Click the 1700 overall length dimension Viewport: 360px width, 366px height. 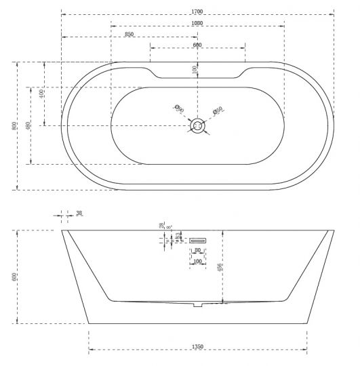coord(197,12)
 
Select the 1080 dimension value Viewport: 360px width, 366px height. coord(197,24)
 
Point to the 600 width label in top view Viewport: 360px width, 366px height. coord(197,45)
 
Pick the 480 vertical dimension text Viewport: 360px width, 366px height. coord(28,125)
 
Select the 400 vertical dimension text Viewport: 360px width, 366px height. coord(42,93)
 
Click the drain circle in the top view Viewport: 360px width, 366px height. coord(198,125)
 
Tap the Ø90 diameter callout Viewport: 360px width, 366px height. coord(179,108)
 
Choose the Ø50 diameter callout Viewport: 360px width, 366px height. coord(218,110)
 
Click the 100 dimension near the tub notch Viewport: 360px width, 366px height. coord(195,68)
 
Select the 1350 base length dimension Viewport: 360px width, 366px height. coord(197,347)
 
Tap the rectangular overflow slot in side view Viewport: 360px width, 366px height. coord(197,239)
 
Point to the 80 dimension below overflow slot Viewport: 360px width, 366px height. coord(197,251)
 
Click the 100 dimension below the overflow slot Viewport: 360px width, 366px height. coord(197,261)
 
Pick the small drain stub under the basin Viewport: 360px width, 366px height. coord(197,305)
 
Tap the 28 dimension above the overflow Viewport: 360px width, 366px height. coord(162,225)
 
